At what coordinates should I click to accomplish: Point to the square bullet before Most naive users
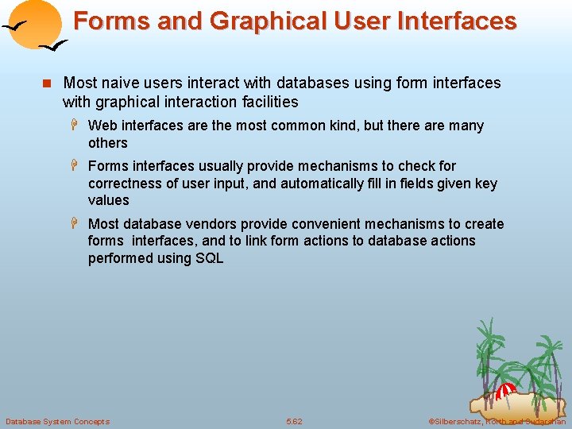tap(47, 83)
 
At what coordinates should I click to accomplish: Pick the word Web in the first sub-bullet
tap(102, 126)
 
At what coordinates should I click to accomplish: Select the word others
tap(107, 143)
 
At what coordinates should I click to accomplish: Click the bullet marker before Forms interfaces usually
tap(76, 166)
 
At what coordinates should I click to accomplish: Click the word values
tap(108, 200)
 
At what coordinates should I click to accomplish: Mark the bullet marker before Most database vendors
tap(76, 224)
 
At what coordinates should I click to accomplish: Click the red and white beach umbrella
tap(504, 391)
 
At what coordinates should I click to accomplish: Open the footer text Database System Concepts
tap(57, 421)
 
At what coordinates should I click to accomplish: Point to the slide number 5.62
tap(294, 421)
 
